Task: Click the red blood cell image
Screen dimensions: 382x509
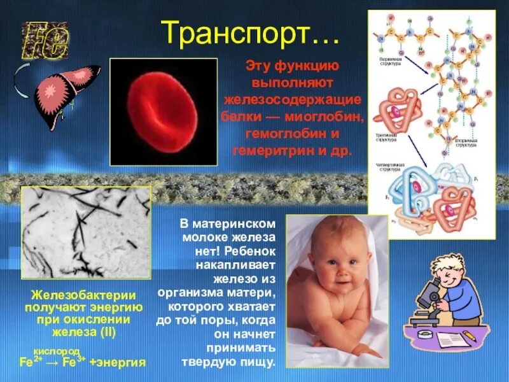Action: pyautogui.click(x=164, y=112)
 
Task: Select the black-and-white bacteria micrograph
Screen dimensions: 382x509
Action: pyautogui.click(x=86, y=232)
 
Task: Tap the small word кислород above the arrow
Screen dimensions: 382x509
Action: pyautogui.click(x=57, y=351)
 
